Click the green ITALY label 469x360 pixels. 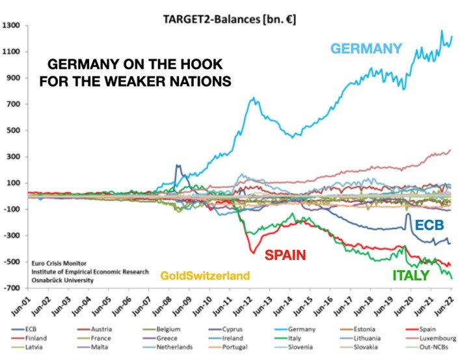pyautogui.click(x=410, y=275)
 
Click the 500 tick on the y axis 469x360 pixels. pyautogui.click(x=15, y=130)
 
